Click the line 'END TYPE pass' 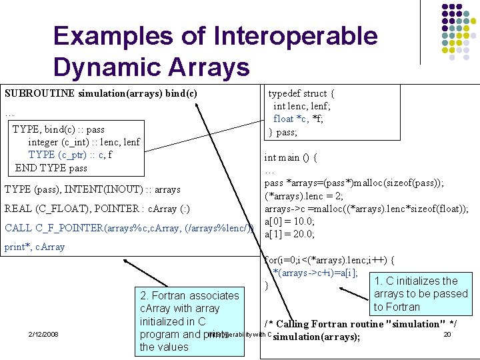pos(51,167)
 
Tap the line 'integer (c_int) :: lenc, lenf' pos(84,142)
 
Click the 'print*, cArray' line pos(35,247)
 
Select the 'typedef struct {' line pos(301,94)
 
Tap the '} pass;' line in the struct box pos(283,132)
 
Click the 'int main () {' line pos(290,158)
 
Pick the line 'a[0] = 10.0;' pos(289,221)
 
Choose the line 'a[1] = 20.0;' pos(289,233)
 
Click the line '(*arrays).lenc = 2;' pos(304,195)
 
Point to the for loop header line pos(329,260)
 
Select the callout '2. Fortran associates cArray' pos(189,321)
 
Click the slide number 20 pos(447,334)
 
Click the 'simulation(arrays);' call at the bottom pos(317,337)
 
